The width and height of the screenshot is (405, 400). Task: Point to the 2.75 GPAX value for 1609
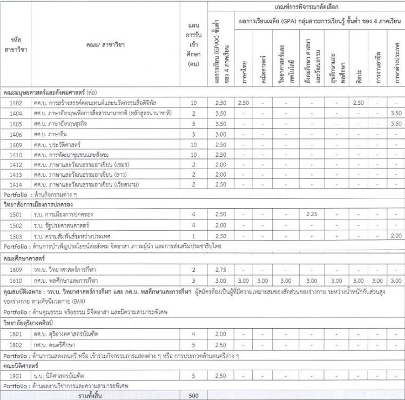tap(220, 269)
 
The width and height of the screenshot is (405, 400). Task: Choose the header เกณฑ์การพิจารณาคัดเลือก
tap(305, 6)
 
